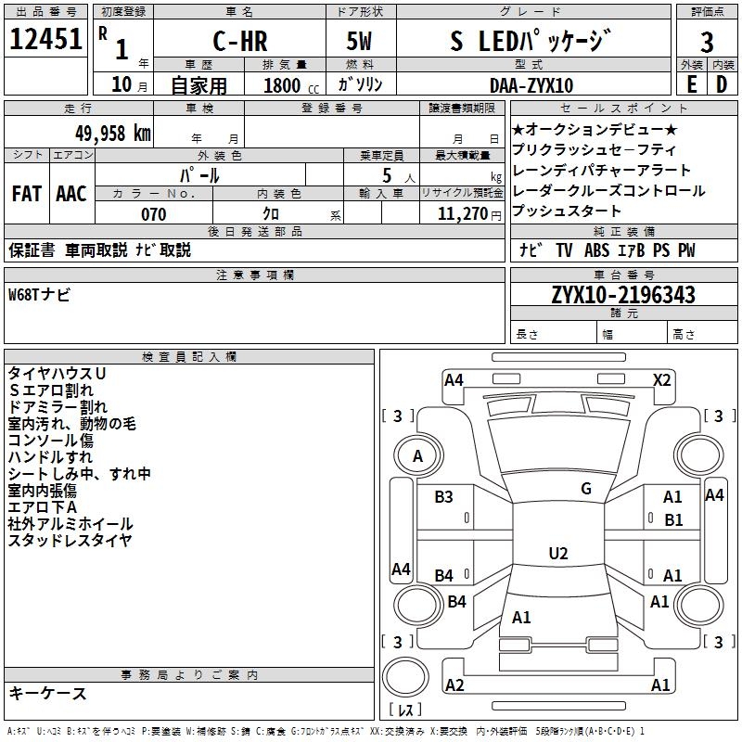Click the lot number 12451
tap(45, 42)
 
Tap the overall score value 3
tap(707, 43)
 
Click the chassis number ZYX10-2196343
tap(622, 296)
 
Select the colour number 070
tap(153, 214)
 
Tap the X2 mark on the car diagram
tap(662, 379)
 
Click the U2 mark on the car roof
tap(557, 553)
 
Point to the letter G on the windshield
tap(585, 488)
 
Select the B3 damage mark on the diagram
tap(444, 497)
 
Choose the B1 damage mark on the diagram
tap(673, 520)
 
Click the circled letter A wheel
tap(417, 455)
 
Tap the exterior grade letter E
tap(691, 85)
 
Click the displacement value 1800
tap(282, 86)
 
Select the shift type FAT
tap(27, 194)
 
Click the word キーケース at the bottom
tap(47, 693)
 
